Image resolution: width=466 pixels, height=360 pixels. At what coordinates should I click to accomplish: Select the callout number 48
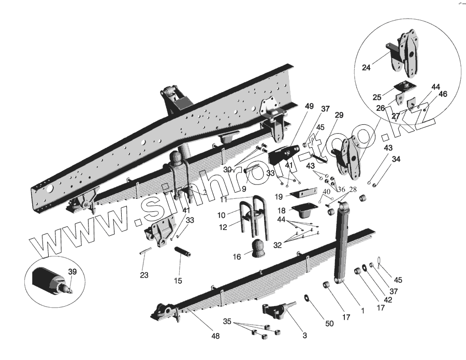(215, 337)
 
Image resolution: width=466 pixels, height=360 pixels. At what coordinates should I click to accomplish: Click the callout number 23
(144, 275)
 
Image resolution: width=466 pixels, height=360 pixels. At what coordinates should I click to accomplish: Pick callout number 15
(178, 281)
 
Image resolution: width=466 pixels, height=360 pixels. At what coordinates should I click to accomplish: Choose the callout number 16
(237, 256)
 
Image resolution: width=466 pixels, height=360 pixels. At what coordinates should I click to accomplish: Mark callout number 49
(309, 107)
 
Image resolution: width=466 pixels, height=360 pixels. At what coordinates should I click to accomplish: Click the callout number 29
(339, 115)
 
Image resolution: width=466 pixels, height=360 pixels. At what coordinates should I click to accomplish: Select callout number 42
(388, 299)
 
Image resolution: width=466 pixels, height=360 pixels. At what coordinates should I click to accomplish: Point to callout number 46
(443, 94)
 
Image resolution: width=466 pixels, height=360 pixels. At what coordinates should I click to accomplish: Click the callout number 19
(278, 196)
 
